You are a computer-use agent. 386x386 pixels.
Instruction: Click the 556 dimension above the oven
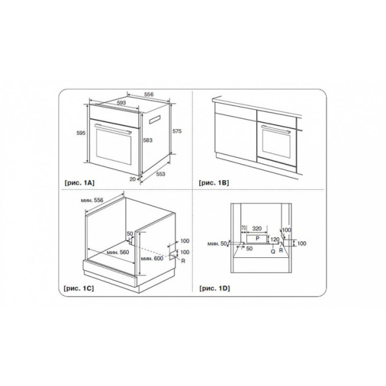(x=149, y=95)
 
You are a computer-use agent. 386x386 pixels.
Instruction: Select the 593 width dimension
(x=121, y=103)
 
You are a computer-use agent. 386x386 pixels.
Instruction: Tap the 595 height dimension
(x=81, y=133)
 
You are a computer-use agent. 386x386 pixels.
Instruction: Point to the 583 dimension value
(x=148, y=140)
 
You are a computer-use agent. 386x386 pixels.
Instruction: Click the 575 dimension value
(x=177, y=131)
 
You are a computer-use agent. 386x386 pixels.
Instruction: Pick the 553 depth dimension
(x=160, y=174)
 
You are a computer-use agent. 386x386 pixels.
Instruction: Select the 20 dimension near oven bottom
(x=133, y=179)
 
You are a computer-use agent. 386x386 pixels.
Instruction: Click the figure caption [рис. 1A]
(x=79, y=183)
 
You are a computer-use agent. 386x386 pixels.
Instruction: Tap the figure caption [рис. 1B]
(x=214, y=183)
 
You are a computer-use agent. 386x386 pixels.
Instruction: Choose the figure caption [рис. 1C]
(x=78, y=288)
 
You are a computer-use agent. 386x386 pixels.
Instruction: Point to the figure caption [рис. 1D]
(x=215, y=288)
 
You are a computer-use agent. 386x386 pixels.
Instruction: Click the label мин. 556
(x=92, y=200)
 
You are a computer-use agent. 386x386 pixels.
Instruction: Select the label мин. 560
(x=118, y=252)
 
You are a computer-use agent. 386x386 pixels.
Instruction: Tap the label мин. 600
(x=152, y=258)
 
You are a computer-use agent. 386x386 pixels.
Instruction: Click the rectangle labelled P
(x=257, y=239)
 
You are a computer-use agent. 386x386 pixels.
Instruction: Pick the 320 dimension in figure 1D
(x=257, y=228)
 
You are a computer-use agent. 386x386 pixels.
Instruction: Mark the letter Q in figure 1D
(x=273, y=252)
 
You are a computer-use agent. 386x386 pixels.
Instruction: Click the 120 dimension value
(x=275, y=239)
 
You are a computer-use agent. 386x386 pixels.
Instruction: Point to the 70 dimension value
(x=243, y=228)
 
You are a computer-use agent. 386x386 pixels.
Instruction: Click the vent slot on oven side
(x=154, y=119)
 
